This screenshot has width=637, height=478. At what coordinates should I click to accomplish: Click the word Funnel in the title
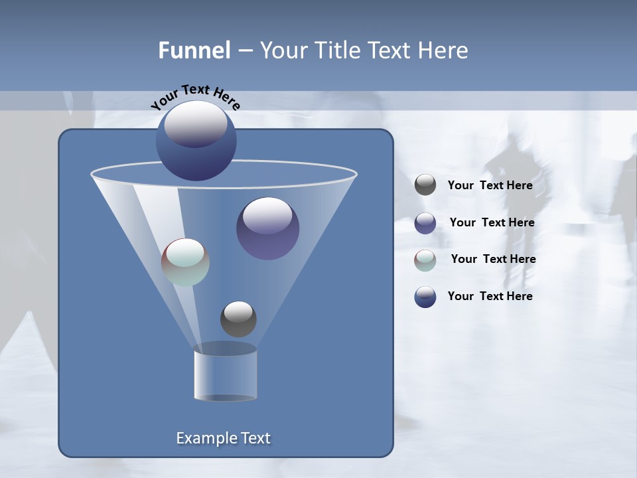click(194, 50)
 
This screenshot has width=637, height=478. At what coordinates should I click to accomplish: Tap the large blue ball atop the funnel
click(196, 141)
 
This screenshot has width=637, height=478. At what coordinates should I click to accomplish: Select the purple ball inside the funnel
click(267, 228)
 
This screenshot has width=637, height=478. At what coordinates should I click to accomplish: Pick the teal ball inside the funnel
click(185, 262)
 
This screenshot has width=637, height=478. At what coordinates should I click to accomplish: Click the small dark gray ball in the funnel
click(238, 319)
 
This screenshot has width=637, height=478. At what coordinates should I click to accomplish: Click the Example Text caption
click(224, 438)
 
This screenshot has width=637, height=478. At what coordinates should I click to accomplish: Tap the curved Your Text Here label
click(195, 96)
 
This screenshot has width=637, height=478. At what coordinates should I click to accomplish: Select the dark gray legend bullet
click(425, 185)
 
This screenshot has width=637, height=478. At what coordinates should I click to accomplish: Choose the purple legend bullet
click(425, 222)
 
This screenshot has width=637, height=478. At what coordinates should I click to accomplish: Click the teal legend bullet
click(425, 260)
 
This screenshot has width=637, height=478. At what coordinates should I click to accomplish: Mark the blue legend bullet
click(425, 297)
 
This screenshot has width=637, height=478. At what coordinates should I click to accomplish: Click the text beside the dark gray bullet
click(490, 186)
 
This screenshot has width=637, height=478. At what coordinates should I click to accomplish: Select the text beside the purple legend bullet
click(492, 223)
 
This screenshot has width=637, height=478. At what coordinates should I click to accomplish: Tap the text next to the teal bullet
click(493, 260)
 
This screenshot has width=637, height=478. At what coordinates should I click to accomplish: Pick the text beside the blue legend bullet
click(490, 297)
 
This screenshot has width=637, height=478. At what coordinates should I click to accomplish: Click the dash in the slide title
click(245, 51)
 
